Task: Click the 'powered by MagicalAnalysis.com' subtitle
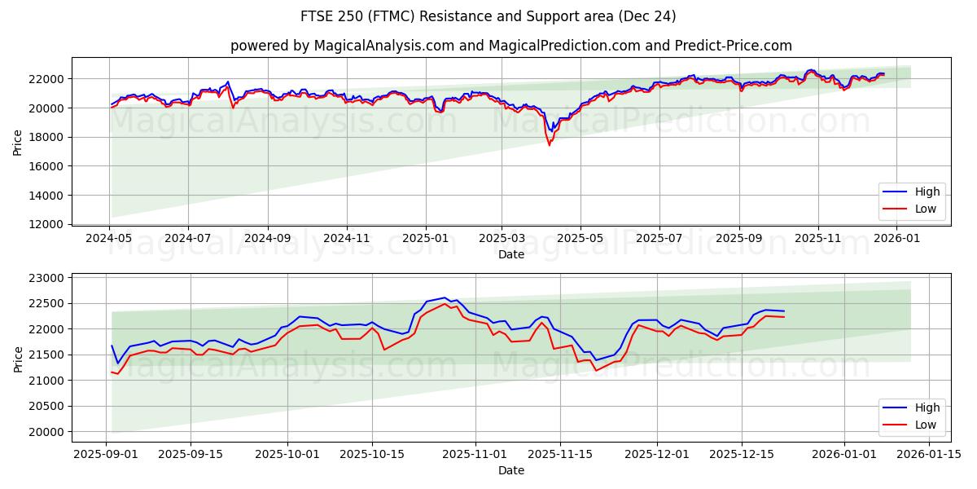pyautogui.click(x=510, y=46)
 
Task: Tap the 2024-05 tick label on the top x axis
pyautogui.click(x=109, y=239)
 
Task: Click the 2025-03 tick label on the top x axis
pyautogui.click(x=502, y=239)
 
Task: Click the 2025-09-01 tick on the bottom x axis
pyautogui.click(x=106, y=455)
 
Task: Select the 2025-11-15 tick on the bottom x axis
pyautogui.click(x=559, y=455)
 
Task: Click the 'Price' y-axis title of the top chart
pyautogui.click(x=18, y=142)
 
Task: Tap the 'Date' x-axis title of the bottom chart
pyautogui.click(x=510, y=470)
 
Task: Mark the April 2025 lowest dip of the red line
pyautogui.click(x=549, y=145)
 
